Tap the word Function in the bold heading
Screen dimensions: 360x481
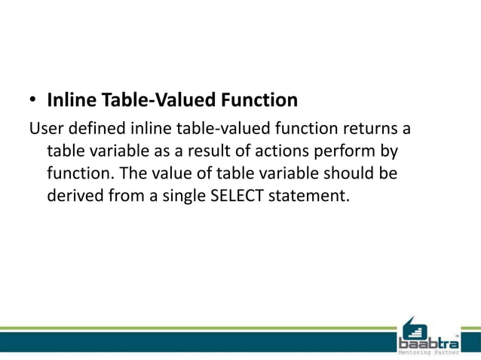259,99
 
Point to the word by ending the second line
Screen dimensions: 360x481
389,151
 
